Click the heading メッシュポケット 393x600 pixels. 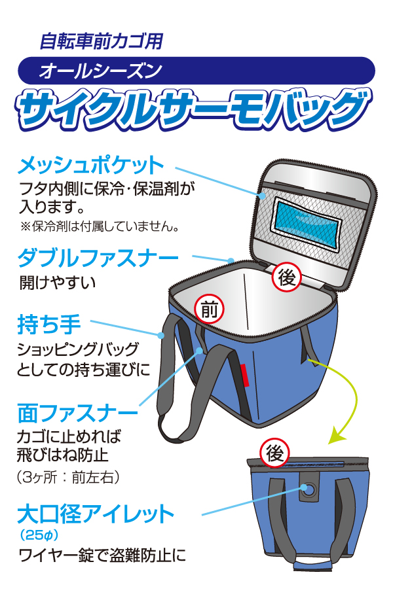click(90, 164)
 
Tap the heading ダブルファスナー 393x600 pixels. click(98, 258)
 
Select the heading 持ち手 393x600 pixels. click(49, 324)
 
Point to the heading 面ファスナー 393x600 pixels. click(77, 413)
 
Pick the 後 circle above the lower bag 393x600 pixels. click(275, 452)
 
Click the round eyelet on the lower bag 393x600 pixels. click(307, 489)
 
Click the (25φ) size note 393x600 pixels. click(37, 536)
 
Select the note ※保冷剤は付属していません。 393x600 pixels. click(99, 228)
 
